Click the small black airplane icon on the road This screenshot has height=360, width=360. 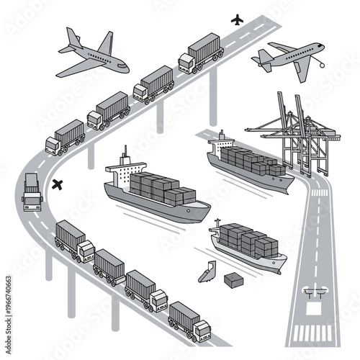[237, 18]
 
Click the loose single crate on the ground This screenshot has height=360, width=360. [233, 279]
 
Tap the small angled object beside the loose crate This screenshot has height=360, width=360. [207, 271]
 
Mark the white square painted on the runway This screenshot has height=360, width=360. [315, 309]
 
